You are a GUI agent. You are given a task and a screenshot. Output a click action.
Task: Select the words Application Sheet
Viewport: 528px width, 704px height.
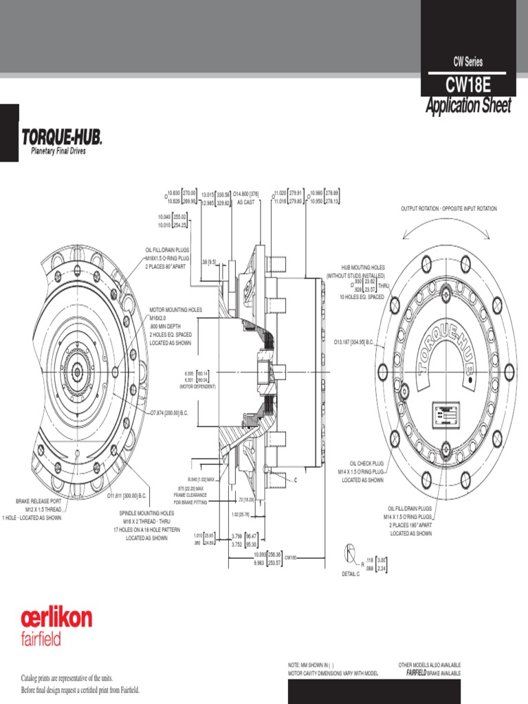tap(468, 106)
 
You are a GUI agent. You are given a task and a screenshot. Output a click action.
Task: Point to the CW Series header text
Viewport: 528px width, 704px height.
tap(468, 62)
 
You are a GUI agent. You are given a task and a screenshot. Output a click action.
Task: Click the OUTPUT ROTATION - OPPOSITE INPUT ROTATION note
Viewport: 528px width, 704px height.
tap(448, 208)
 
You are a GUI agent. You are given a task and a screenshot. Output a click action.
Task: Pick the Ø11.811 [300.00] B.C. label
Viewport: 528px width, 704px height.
tap(127, 495)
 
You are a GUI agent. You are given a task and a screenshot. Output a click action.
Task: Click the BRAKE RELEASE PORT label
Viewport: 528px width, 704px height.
tap(38, 501)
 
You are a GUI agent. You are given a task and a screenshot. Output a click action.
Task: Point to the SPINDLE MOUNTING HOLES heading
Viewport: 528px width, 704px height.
tap(146, 513)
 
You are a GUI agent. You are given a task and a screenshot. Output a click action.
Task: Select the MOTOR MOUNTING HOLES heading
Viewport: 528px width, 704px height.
tap(176, 310)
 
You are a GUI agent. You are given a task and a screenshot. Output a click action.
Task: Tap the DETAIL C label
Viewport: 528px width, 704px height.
tap(350, 573)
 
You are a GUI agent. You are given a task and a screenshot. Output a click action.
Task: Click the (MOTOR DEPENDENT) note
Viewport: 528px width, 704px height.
tap(197, 387)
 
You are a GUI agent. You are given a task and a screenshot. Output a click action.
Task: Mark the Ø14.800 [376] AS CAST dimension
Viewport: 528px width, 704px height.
tap(245, 198)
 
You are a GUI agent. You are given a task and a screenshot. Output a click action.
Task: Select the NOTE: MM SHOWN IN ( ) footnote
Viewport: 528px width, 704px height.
tap(310, 665)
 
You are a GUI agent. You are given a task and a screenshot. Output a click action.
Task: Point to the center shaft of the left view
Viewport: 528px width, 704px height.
tap(76, 372)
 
